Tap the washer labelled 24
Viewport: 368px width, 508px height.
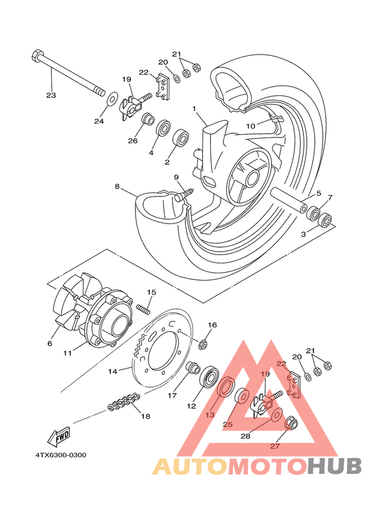tap(112, 99)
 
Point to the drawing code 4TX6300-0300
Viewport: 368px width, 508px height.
tap(61, 455)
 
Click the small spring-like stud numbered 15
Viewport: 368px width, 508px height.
tap(143, 308)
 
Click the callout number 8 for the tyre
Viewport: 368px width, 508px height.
tap(116, 187)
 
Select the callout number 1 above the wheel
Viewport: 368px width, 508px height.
tap(195, 109)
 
